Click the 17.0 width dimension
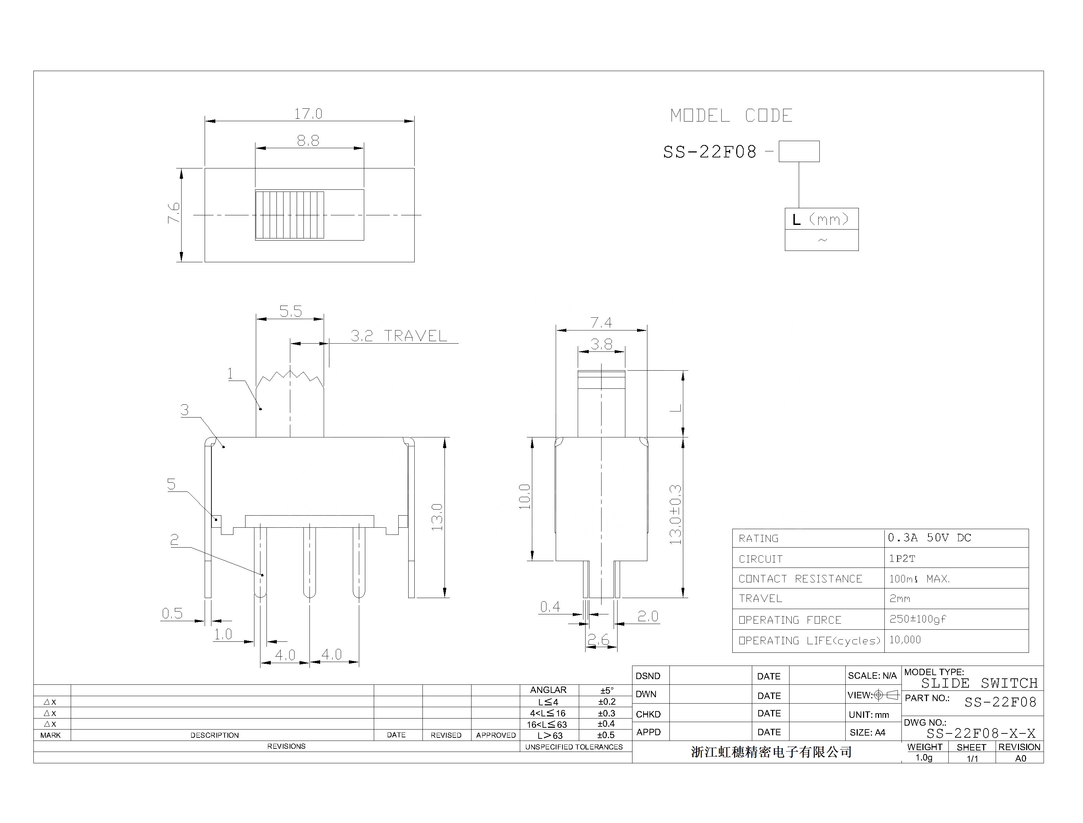(x=308, y=114)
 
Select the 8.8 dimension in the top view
(x=308, y=141)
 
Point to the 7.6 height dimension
(x=174, y=213)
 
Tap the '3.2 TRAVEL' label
(x=399, y=336)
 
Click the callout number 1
(x=230, y=374)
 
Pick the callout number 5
(x=171, y=484)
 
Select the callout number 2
(x=174, y=540)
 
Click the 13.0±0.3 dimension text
(x=675, y=515)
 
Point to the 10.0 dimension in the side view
(x=524, y=496)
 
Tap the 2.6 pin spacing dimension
(x=599, y=639)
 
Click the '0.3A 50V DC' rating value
(x=929, y=538)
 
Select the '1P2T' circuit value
(x=902, y=559)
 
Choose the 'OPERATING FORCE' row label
(x=790, y=620)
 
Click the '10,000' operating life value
(x=905, y=640)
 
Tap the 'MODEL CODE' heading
(x=731, y=115)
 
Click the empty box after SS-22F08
(x=799, y=151)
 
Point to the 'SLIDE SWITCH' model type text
(x=980, y=683)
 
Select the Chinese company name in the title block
(x=771, y=752)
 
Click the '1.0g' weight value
(x=924, y=758)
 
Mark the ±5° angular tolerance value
(x=607, y=690)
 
